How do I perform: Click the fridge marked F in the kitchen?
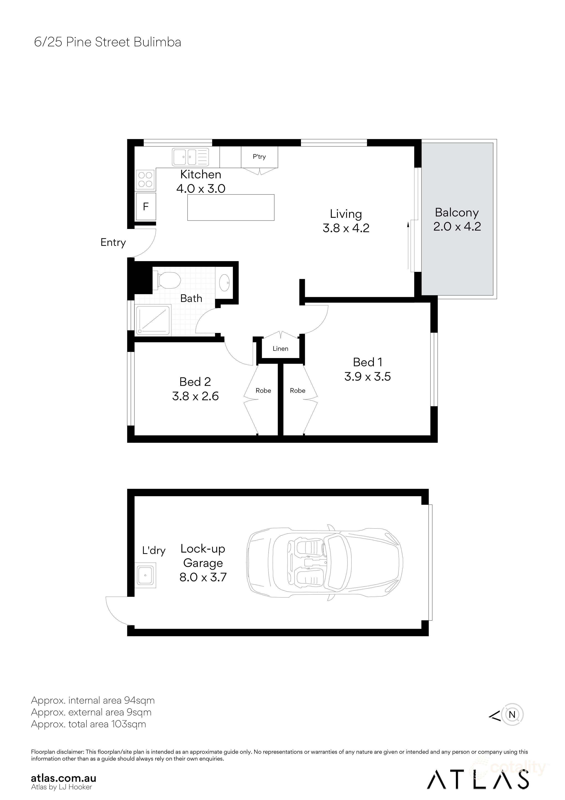(x=146, y=207)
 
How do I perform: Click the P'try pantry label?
(x=259, y=157)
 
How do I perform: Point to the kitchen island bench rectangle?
(x=231, y=208)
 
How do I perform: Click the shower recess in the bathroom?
(x=153, y=320)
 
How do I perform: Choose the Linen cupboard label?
(x=280, y=348)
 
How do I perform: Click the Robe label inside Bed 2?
(x=263, y=391)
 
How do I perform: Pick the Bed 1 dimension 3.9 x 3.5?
(x=368, y=377)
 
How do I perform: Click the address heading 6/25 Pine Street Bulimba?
(x=108, y=42)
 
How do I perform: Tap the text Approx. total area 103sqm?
(x=88, y=724)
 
